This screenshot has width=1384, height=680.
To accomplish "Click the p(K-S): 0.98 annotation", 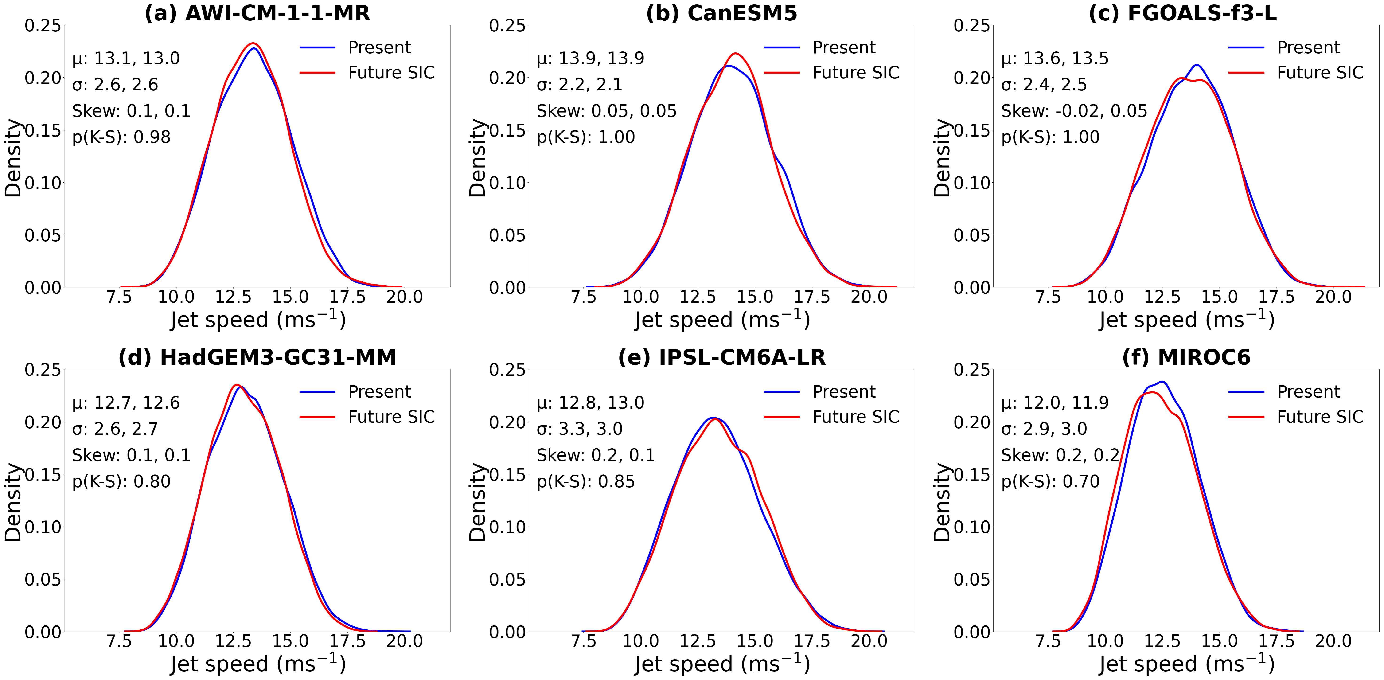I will pos(121,137).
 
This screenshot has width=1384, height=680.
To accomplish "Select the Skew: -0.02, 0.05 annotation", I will pos(1073,111).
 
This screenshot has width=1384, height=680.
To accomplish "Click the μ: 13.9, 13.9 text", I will pos(590,58).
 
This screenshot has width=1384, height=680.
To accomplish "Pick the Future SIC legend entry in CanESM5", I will pos(855,73).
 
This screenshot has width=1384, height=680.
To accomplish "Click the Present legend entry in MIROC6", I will pos(1308,392).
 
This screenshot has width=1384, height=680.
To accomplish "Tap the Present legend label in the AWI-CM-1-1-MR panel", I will pos(379,47).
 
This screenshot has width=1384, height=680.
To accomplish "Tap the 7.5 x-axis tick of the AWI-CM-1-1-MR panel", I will pos(119,297).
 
